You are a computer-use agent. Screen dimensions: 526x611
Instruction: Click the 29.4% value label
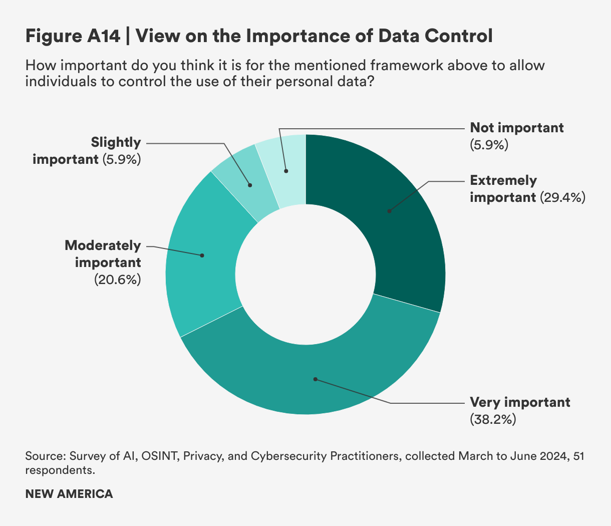point(562,197)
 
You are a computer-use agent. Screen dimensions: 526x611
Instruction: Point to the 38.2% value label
point(493,419)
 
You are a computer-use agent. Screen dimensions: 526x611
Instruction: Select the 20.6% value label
point(117,280)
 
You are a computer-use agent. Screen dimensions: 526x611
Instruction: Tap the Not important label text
point(517,128)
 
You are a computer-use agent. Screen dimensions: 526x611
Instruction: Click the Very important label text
point(520,402)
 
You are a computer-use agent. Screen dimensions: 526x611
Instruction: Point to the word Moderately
point(103,245)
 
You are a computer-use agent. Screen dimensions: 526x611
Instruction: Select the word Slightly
point(116,142)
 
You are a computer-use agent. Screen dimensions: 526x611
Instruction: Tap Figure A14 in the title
point(73,36)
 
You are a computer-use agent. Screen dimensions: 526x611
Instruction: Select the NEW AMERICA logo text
point(69,494)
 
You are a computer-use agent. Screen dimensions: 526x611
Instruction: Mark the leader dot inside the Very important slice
point(315,379)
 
